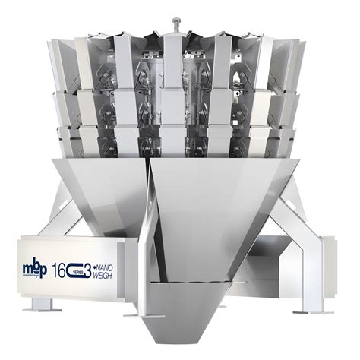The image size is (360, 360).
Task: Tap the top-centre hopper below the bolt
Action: [175, 57]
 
